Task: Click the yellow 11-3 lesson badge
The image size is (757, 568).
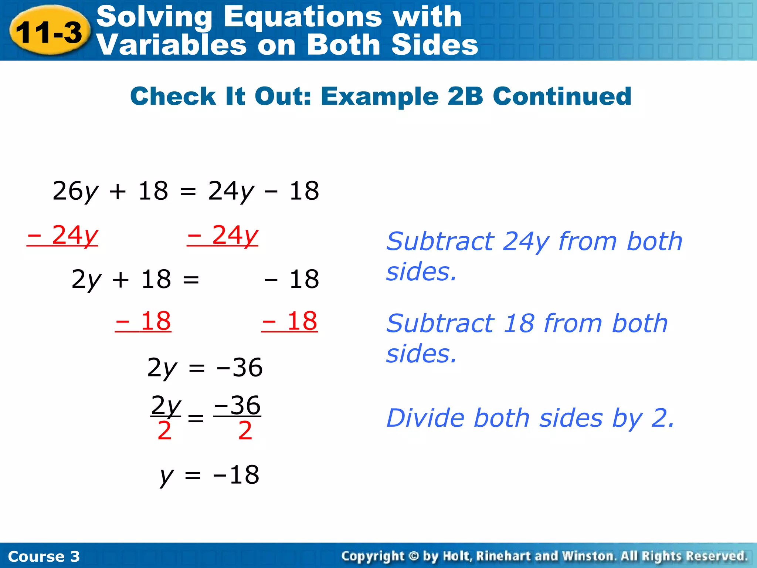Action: [49, 32]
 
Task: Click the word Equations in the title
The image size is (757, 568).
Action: [303, 17]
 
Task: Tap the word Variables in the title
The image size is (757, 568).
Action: [171, 45]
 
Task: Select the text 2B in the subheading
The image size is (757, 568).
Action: [465, 96]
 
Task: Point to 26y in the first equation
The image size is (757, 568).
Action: [75, 191]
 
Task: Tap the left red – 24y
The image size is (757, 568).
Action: [63, 235]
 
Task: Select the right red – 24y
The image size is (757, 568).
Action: [223, 235]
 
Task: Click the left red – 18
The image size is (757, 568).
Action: [143, 321]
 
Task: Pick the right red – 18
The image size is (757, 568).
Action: [289, 321]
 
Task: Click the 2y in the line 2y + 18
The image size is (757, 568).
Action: [86, 279]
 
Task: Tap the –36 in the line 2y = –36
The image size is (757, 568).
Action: [240, 368]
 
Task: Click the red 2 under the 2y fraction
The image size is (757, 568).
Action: [164, 431]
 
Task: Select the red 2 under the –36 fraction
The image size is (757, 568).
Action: [245, 431]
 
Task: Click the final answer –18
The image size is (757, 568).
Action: [236, 475]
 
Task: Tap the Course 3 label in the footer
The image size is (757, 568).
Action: [44, 556]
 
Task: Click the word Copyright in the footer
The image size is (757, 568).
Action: [373, 556]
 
